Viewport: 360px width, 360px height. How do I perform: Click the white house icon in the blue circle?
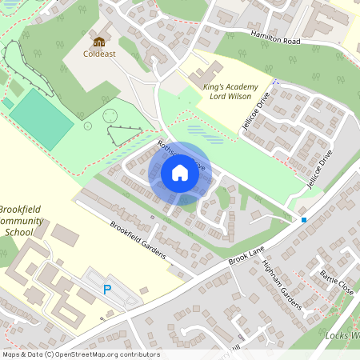tap(180, 173)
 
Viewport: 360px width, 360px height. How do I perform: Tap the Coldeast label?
tap(98, 55)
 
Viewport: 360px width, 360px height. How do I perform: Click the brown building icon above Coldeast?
tap(98, 42)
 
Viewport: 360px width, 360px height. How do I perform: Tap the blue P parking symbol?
tap(107, 290)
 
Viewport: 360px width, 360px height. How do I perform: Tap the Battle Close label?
tap(336, 284)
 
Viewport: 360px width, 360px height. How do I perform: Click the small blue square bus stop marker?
tap(304, 219)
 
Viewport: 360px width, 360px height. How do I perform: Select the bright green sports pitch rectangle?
tap(40, 118)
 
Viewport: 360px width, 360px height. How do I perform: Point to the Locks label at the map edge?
tap(342, 335)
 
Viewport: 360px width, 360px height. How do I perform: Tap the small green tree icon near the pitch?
tap(86, 126)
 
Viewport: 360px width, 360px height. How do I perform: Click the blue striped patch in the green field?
tap(202, 133)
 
